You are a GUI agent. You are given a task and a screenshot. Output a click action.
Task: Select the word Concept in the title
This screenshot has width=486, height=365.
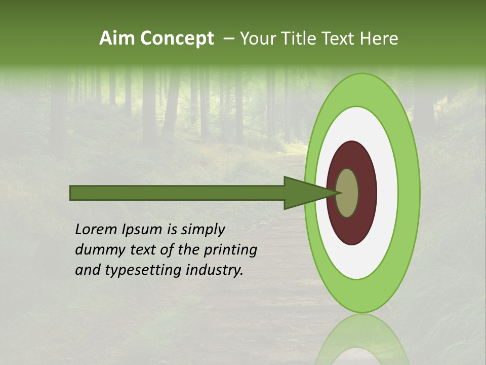177,39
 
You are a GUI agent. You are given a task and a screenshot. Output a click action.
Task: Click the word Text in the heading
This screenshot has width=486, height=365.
340,39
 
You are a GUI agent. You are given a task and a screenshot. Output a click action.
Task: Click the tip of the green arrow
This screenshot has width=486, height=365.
339,193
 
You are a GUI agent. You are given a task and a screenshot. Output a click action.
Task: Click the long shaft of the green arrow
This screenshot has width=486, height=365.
177,193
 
